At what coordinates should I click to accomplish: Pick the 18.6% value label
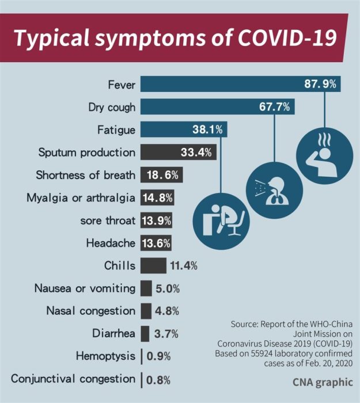click(x=164, y=175)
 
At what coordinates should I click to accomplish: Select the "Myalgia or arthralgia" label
click(x=81, y=197)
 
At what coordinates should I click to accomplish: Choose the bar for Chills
click(x=153, y=265)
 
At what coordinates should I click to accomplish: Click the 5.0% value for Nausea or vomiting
click(x=167, y=288)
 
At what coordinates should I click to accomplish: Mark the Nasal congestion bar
click(x=146, y=310)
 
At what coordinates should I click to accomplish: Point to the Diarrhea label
click(x=114, y=333)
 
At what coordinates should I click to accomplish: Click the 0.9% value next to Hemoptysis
click(x=158, y=356)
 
